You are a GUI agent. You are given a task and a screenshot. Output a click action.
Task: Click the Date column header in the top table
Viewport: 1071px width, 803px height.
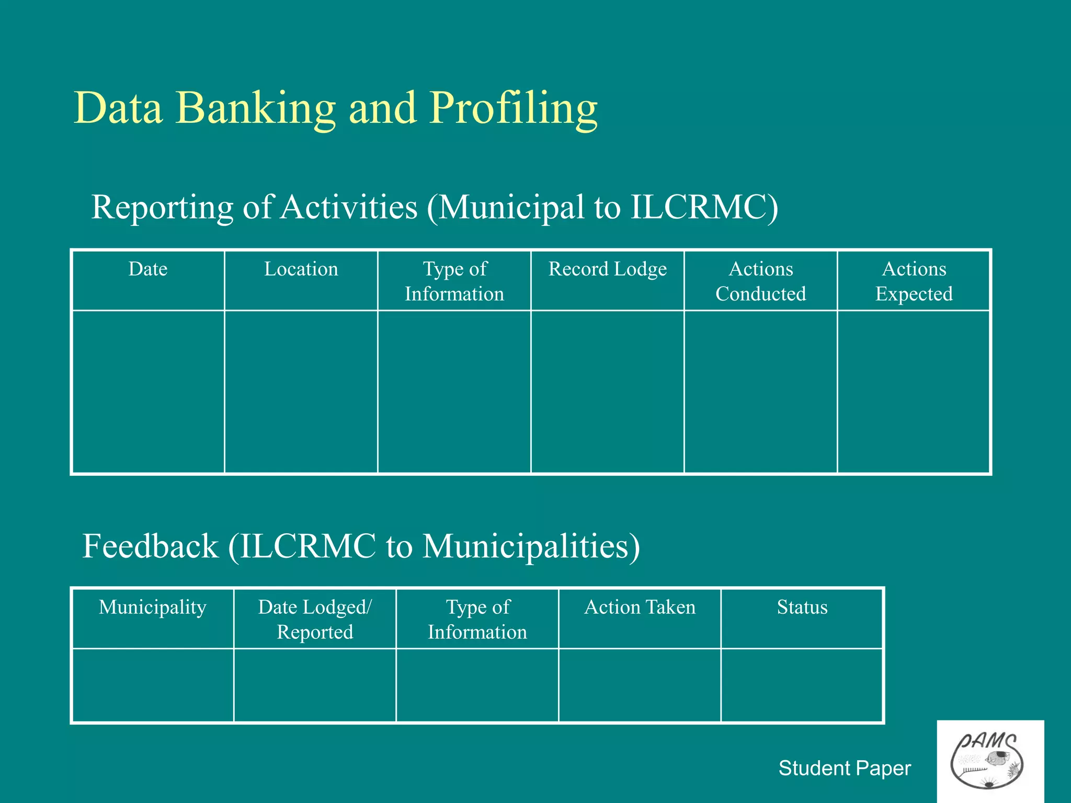click(148, 269)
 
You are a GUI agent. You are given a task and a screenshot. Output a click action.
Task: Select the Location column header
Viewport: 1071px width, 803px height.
click(301, 269)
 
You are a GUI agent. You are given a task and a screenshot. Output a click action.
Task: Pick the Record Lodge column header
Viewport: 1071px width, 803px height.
click(608, 269)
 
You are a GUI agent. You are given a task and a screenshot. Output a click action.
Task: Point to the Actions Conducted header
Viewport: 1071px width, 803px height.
click(761, 281)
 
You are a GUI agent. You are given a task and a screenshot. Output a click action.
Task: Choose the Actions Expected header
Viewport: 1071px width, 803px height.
click(914, 281)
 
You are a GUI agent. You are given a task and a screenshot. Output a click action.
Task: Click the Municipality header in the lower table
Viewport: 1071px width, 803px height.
click(153, 607)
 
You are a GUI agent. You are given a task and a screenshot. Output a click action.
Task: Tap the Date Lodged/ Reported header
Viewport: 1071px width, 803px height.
click(315, 620)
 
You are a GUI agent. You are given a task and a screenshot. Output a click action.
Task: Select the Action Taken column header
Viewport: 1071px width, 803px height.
click(640, 607)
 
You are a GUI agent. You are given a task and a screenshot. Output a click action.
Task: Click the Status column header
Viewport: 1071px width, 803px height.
click(802, 607)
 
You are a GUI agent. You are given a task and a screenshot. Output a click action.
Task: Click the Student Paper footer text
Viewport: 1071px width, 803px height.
click(845, 768)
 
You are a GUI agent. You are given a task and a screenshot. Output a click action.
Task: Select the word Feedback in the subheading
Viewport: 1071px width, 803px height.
click(150, 546)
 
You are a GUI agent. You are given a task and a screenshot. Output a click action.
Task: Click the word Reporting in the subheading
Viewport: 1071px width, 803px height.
click(162, 208)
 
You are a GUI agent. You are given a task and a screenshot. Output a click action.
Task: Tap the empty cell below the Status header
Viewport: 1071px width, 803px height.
click(802, 685)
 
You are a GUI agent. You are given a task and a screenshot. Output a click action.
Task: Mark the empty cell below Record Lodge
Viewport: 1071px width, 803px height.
click(608, 392)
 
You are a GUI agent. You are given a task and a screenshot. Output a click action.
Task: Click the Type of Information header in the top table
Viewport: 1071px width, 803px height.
click(454, 281)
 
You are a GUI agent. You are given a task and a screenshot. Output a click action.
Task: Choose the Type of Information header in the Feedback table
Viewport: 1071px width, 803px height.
click(477, 620)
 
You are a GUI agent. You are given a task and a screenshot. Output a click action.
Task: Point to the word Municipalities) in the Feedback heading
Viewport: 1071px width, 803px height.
click(531, 546)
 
